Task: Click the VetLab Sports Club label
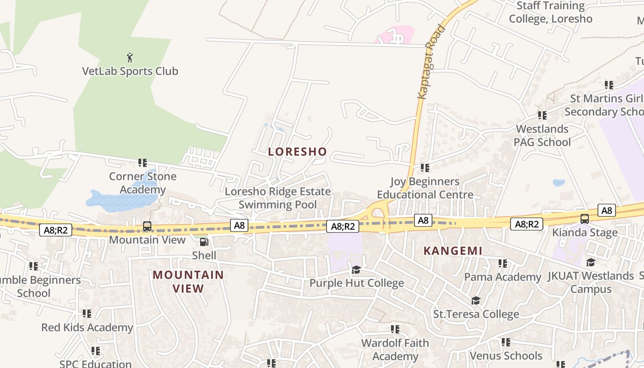pos(130,71)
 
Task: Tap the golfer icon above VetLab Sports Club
pos(130,57)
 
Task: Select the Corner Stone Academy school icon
pos(143,163)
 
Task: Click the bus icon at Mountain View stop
pos(147,226)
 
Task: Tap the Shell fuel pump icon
pos(204,241)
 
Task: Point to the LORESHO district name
pos(297,152)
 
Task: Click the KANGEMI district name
pos(453,251)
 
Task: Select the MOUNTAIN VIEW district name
pos(188,282)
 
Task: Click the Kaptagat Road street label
pos(431,62)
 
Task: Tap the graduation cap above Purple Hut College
pos(356,270)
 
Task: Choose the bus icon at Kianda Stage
pos(584,219)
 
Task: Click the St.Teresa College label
pos(476,314)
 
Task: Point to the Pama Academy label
pos(503,277)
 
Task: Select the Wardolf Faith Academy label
pos(395,350)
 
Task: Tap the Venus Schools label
pos(506,356)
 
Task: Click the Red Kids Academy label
pos(87,328)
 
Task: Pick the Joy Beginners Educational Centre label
pos(425,188)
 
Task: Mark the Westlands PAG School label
pos(542,136)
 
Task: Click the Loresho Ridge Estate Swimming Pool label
pos(278,198)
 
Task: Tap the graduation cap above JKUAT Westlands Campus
pos(591,263)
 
